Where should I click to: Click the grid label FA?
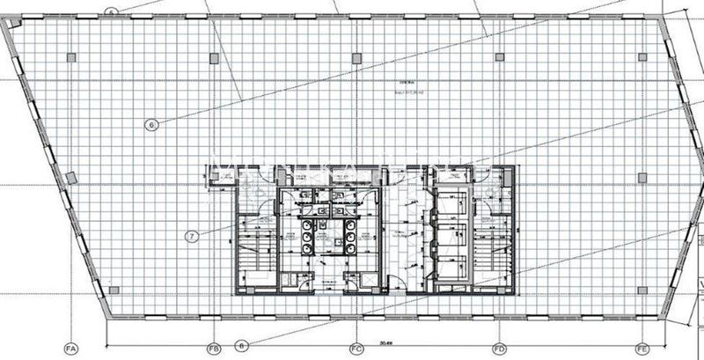point(72,348)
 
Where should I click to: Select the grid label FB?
point(213,348)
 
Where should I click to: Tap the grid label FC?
point(356,348)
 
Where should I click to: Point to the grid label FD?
point(498,348)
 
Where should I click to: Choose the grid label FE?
point(642,348)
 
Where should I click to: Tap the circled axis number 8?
point(243,345)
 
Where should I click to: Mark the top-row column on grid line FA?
point(72,57)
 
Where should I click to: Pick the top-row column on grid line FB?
point(214,57)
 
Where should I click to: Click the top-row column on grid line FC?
point(356,57)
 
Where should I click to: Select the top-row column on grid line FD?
point(498,57)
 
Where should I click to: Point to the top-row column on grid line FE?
point(641,57)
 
